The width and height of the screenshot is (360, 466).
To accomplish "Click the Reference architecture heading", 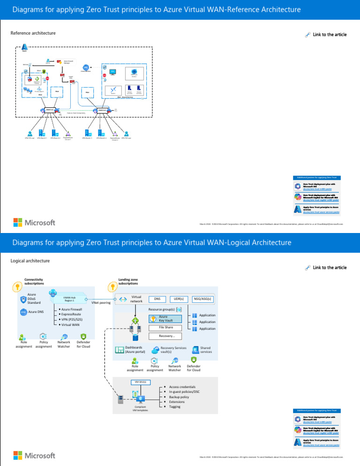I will click(x=33, y=33).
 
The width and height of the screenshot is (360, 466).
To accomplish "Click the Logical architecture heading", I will click(x=30, y=260).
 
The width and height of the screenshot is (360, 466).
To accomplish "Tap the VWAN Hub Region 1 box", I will click(x=70, y=298).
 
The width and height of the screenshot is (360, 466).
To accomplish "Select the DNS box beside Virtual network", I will click(x=157, y=299).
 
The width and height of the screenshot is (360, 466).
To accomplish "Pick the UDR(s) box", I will click(x=178, y=299).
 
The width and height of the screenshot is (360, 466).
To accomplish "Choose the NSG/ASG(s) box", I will click(x=202, y=299).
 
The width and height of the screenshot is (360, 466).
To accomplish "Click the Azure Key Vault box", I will click(x=163, y=318).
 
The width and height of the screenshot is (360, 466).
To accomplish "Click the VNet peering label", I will click(x=101, y=303).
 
